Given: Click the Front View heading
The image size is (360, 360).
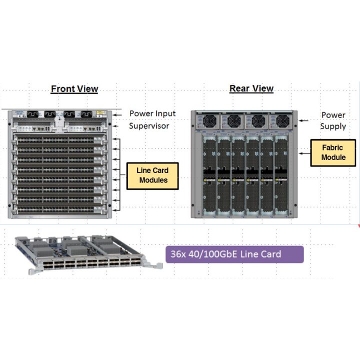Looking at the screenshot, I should pyautogui.click(x=74, y=89).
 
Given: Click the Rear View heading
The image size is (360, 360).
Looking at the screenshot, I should pyautogui.click(x=251, y=88).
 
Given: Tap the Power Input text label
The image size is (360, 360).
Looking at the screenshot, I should pyautogui.click(x=152, y=113).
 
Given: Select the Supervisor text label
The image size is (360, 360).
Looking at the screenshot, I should pyautogui.click(x=149, y=125).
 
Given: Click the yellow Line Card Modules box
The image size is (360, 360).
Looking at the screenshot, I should pyautogui.click(x=153, y=175).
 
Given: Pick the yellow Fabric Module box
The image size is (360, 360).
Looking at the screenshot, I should pyautogui.click(x=333, y=152).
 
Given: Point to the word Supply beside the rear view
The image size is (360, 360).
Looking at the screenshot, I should pyautogui.click(x=333, y=126).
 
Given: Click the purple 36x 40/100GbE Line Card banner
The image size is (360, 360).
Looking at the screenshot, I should pyautogui.click(x=234, y=254).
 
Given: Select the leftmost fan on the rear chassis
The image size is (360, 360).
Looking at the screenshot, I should pyautogui.click(x=208, y=121).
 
